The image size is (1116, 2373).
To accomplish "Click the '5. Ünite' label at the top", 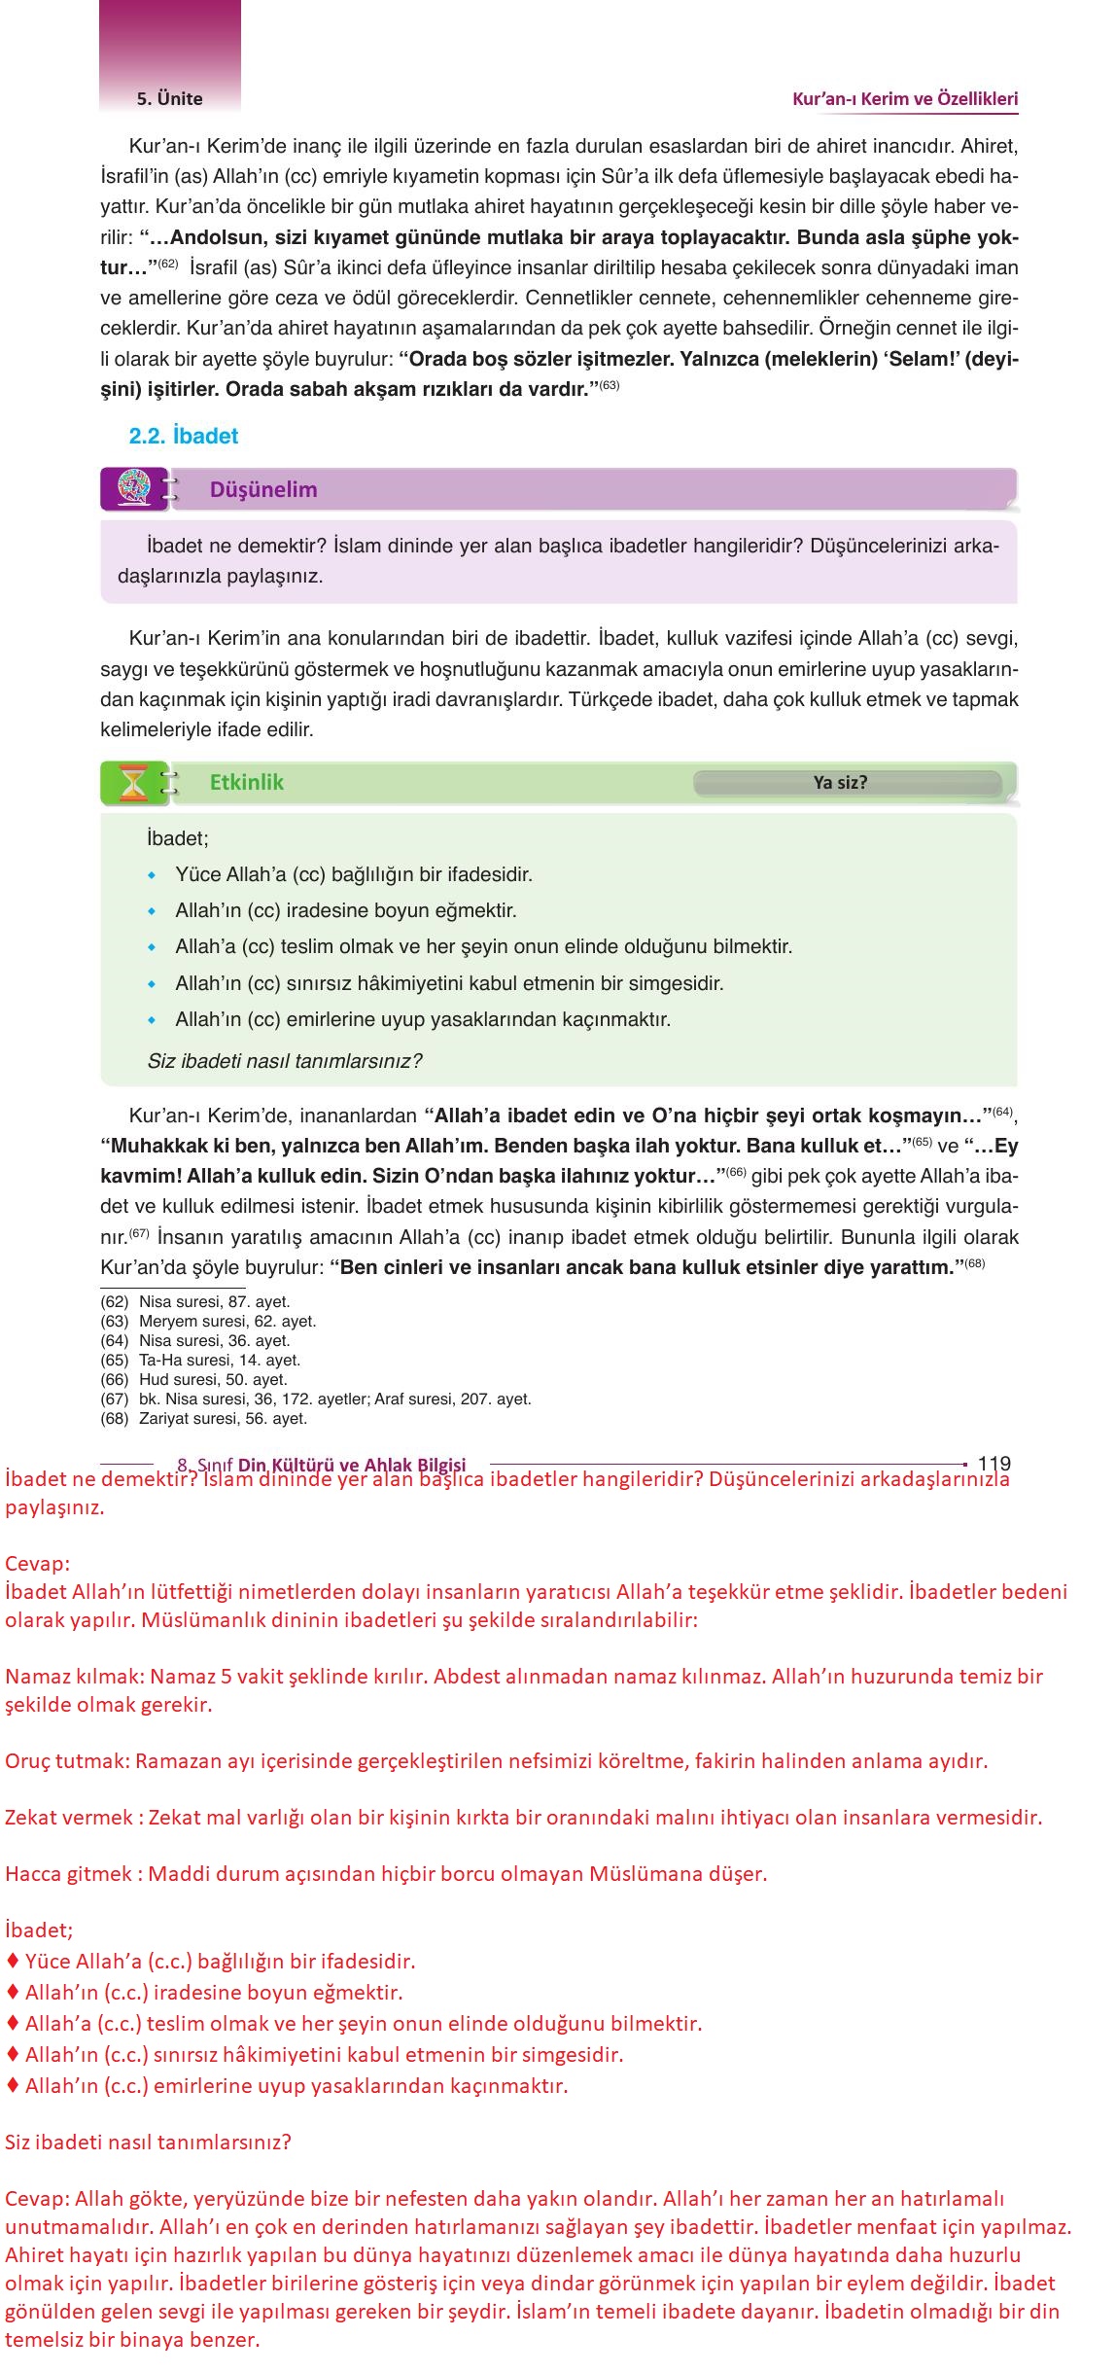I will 170,98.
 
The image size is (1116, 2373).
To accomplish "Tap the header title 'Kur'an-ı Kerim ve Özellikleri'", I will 905,98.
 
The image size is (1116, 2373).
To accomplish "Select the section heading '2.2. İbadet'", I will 184,436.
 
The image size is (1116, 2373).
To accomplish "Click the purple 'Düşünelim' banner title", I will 263,489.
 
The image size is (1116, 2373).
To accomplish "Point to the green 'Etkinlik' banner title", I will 247,782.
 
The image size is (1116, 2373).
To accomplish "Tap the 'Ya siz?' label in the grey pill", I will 840,783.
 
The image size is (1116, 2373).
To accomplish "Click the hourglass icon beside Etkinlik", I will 132,783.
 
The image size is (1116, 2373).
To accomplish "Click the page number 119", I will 994,1463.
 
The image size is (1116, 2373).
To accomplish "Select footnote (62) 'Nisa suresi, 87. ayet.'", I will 195,1301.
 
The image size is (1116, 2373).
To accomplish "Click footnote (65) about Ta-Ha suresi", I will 200,1360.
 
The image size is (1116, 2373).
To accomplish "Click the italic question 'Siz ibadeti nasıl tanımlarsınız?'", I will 285,1061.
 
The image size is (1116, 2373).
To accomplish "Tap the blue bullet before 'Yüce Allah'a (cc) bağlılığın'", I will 152,875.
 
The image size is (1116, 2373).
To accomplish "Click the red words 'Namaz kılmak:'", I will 75,1676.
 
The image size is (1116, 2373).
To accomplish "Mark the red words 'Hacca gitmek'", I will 68,1873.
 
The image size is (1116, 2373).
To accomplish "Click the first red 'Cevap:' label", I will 38,1564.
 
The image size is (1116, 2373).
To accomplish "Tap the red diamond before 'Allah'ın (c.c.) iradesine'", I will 13,1992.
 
